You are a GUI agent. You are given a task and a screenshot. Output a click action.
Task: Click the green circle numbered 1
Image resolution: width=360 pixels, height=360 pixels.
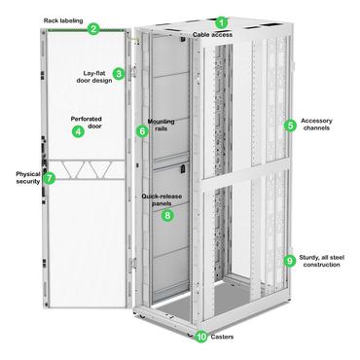coord(221,21)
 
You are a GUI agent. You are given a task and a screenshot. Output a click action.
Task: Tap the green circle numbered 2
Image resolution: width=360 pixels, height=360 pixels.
coord(93,28)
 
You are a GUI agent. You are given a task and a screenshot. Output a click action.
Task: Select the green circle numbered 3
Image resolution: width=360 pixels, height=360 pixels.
coord(118,73)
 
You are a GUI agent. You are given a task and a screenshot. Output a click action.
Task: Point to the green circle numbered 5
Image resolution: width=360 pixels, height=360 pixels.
coord(290,125)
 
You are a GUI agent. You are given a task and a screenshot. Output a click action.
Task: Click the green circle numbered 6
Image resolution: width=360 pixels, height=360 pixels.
coord(142,130)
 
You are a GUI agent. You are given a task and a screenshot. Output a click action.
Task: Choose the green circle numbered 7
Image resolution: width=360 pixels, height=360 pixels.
coord(50,179)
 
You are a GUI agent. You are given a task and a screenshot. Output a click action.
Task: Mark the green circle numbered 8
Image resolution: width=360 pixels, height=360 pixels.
coord(167,214)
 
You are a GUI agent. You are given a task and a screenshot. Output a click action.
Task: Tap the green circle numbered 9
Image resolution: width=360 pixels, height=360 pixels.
coord(289,260)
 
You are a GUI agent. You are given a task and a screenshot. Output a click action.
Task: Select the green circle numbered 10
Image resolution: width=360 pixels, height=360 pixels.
coord(201,337)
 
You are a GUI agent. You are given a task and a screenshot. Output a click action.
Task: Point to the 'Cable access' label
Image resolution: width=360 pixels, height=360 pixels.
coord(213,35)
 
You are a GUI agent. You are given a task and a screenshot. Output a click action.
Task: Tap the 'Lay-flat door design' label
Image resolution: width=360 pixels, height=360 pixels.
coord(93,74)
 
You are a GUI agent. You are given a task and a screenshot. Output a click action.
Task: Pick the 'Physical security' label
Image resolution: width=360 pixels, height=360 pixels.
coord(20,179)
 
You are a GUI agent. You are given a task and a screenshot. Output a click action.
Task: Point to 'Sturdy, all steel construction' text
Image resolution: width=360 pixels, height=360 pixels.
coord(324,261)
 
